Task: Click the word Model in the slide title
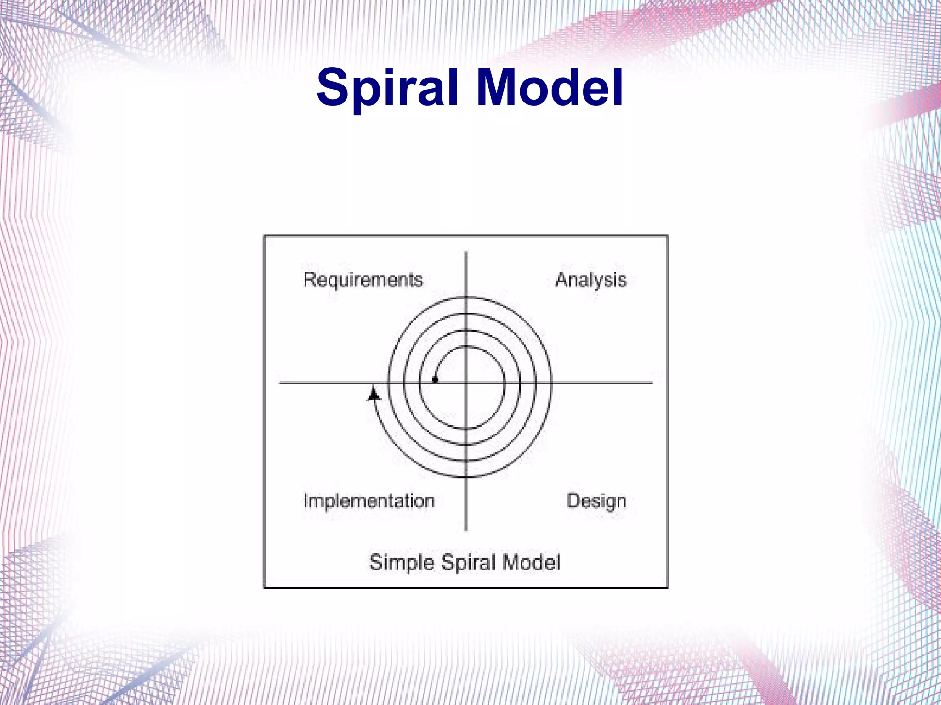(x=550, y=87)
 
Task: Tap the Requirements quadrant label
(x=363, y=280)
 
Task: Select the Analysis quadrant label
(x=590, y=280)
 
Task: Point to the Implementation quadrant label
(x=368, y=501)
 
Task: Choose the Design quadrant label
(x=596, y=501)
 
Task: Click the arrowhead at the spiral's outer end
(x=374, y=394)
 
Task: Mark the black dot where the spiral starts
(x=435, y=380)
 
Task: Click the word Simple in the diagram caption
(x=402, y=563)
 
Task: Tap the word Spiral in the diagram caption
(x=469, y=563)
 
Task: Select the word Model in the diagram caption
(x=531, y=563)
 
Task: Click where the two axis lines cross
(x=466, y=383)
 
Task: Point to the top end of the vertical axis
(x=466, y=253)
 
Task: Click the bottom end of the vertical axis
(x=466, y=530)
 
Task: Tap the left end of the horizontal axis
(x=280, y=383)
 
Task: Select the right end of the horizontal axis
(x=652, y=383)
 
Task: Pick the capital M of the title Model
(x=499, y=87)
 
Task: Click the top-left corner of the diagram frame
(x=265, y=236)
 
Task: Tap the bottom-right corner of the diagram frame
(x=667, y=587)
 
